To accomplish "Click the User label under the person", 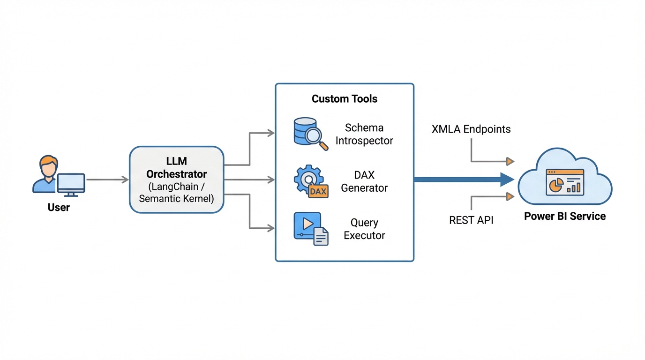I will tap(59, 207).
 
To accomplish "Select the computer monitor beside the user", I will tap(71, 183).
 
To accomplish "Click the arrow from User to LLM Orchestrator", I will tap(107, 180).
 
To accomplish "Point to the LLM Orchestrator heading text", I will tap(176, 168).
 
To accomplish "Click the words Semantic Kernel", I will tap(176, 199).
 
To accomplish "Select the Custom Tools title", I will tap(345, 99).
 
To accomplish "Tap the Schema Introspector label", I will tap(364, 134).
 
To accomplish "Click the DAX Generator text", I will tap(364, 181).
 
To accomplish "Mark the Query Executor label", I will tap(364, 229).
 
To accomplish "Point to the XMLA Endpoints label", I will tap(471, 129).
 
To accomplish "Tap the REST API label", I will tap(471, 220).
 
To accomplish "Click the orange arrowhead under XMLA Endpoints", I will tap(510, 162).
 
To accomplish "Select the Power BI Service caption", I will tap(565, 216).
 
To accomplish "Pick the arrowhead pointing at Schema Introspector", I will tap(271, 133).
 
